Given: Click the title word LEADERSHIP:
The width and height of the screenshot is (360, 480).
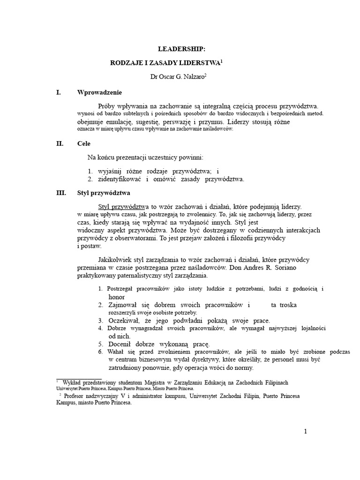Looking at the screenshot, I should [x=175, y=49].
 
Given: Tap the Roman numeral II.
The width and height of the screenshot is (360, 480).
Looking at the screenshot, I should [x=59, y=144].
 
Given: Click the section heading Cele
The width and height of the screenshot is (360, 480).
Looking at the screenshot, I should [x=84, y=144].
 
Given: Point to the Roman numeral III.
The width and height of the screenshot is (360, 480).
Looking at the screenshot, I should [x=60, y=193].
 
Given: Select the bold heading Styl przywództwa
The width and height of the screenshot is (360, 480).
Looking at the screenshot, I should [x=104, y=193].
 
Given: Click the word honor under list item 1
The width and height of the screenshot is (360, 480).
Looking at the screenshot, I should [x=117, y=297].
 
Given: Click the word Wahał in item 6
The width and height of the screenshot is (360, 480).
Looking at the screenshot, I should [x=116, y=352].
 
